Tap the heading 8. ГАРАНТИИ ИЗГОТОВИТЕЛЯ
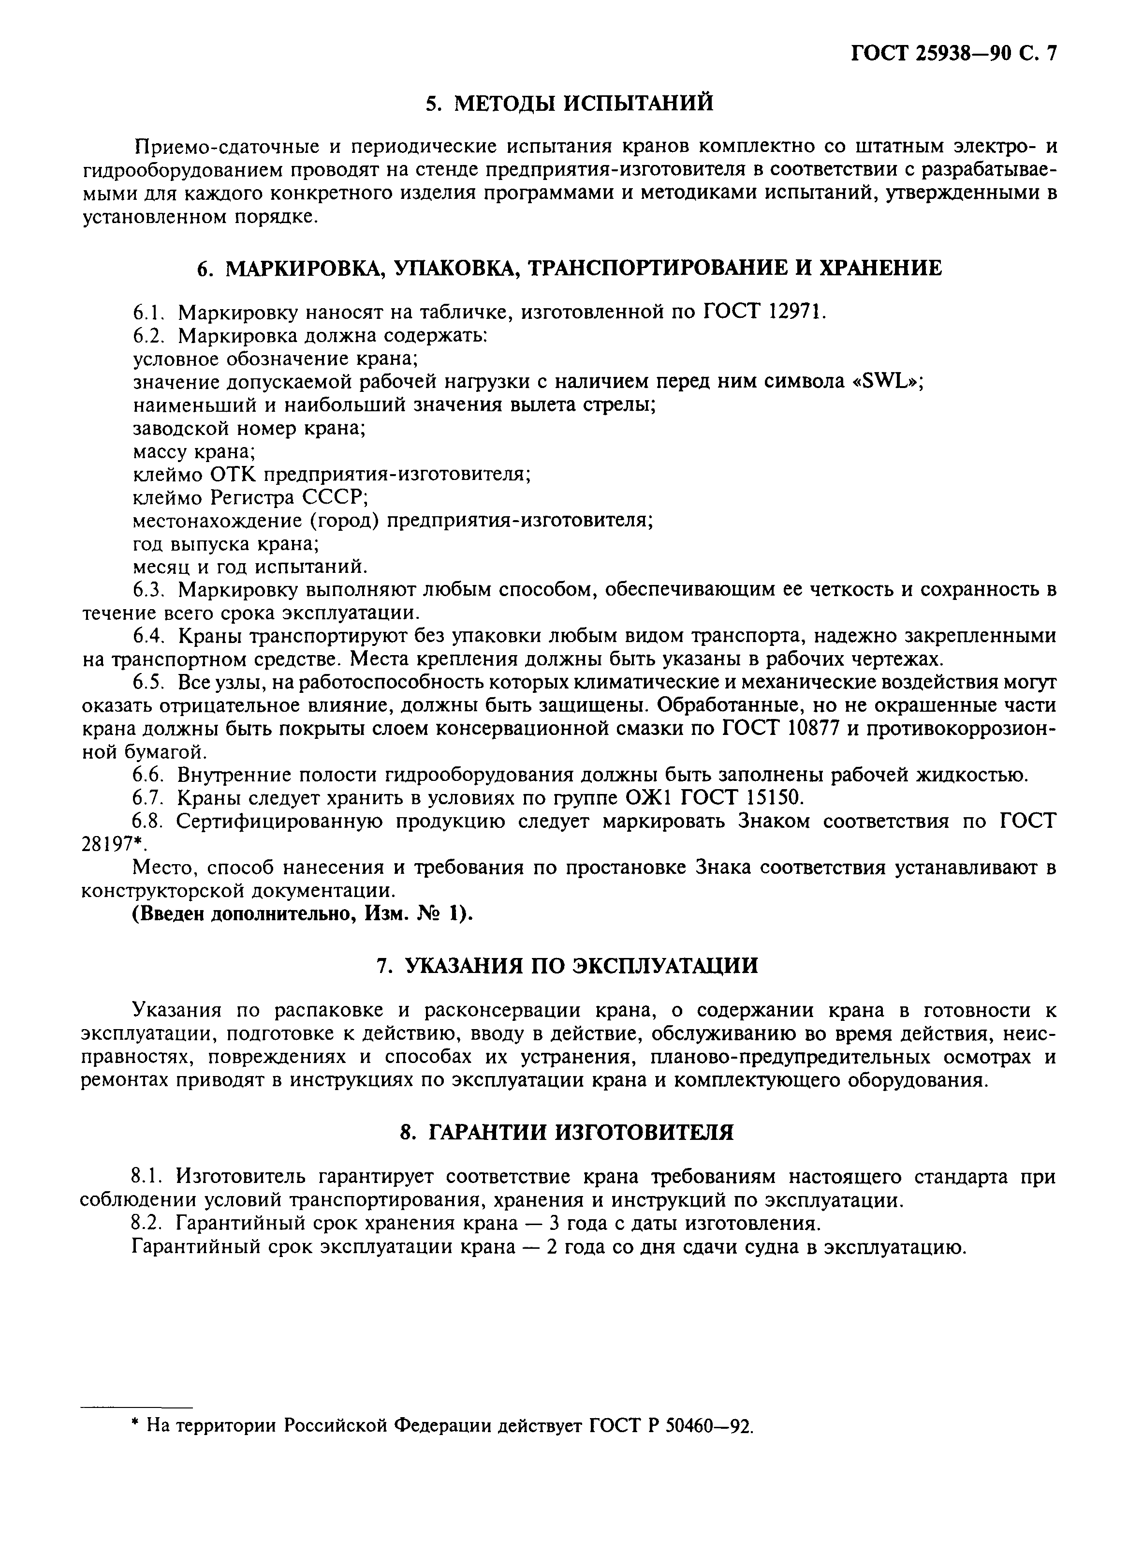click(x=567, y=1132)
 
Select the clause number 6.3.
click(x=150, y=589)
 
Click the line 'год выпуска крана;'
click(x=226, y=544)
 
